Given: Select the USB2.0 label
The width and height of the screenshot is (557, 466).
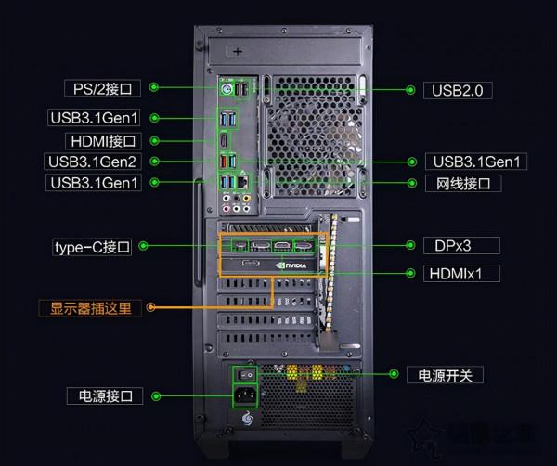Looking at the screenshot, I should [x=458, y=90].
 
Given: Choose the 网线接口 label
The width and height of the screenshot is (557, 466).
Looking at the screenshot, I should [x=463, y=183].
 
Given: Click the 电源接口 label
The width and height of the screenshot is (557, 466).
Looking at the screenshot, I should [x=105, y=396].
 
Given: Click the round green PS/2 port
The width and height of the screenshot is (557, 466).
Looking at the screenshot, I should [x=226, y=90].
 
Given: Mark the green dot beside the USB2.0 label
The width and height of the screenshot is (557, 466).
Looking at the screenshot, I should [x=408, y=90].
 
